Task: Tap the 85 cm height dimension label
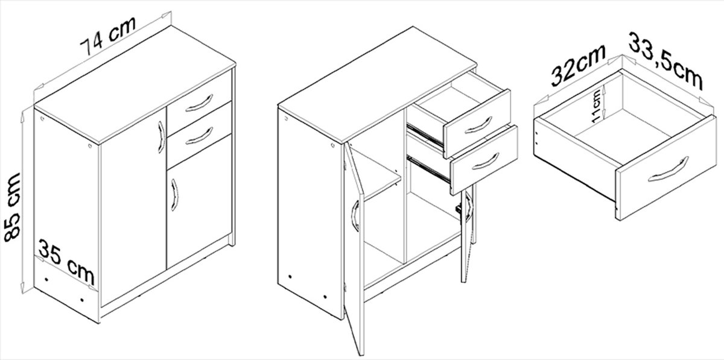pyautogui.click(x=12, y=207)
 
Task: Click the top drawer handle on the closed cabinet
pyautogui.click(x=199, y=103)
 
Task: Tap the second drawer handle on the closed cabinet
pyautogui.click(x=199, y=136)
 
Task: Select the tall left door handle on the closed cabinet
pyautogui.click(x=162, y=137)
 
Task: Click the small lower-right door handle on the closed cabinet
pyautogui.click(x=175, y=195)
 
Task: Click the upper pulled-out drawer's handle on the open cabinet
pyautogui.click(x=478, y=125)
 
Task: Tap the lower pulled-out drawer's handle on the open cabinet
pyautogui.click(x=486, y=162)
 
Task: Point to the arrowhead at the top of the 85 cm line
pyautogui.click(x=22, y=116)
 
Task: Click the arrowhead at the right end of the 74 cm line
pyautogui.click(x=167, y=15)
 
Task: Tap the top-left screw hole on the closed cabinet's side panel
pyautogui.click(x=42, y=118)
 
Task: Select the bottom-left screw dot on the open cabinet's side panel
pyautogui.click(x=290, y=277)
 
